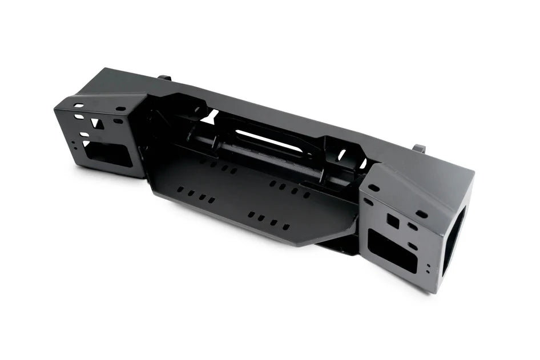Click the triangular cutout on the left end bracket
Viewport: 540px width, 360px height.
(97, 123)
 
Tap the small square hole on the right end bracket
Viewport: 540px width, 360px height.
(393, 221)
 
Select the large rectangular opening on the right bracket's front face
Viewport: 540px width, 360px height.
(392, 251)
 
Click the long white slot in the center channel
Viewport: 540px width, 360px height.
(269, 141)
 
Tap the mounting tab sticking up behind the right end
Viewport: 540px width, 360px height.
(420, 148)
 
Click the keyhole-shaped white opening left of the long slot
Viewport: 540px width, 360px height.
(209, 117)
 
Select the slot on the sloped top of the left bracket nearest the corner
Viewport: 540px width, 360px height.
(78, 106)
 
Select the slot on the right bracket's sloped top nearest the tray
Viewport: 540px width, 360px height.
(374, 188)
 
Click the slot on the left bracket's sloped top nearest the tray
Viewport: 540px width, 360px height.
(120, 108)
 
